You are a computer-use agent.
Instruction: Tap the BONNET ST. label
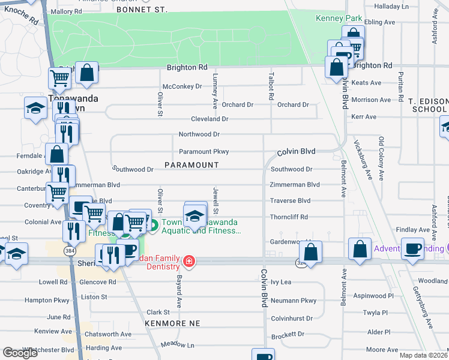[x=142, y=10]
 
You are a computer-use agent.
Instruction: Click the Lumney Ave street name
[x=214, y=88]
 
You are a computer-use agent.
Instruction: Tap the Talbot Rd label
[x=271, y=87]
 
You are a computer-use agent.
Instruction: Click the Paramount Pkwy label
[x=204, y=152]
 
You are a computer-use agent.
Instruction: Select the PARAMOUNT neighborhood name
[x=192, y=164]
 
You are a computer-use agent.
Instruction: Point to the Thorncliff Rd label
[x=289, y=217]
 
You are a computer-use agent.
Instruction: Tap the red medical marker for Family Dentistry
[x=188, y=261]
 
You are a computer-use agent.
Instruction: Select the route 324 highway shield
[x=300, y=262]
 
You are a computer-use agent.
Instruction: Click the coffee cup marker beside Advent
[x=412, y=249]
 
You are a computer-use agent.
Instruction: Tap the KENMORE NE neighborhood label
[x=171, y=323]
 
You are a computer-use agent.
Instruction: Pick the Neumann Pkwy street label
[x=294, y=301]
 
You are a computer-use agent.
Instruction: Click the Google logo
[x=20, y=353]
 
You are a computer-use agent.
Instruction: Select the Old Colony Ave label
[x=381, y=158]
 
